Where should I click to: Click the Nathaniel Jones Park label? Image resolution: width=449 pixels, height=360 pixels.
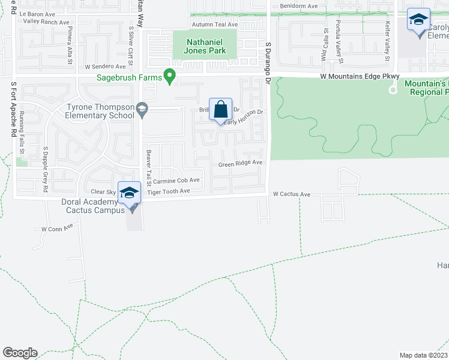click(205, 46)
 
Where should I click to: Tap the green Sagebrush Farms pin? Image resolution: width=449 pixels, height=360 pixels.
click(170, 77)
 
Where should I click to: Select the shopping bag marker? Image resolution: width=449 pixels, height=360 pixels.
click(221, 110)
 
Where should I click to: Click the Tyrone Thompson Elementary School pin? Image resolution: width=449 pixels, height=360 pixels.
click(142, 109)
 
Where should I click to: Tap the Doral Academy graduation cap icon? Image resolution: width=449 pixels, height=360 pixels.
click(129, 193)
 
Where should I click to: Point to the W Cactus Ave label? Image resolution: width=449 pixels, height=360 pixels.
click(291, 194)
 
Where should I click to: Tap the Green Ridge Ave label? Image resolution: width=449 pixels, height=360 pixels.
click(240, 163)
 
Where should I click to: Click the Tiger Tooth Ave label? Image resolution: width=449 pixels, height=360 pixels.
click(169, 191)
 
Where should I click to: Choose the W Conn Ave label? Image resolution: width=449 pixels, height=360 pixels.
click(56, 229)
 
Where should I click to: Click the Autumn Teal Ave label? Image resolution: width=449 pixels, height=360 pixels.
click(215, 25)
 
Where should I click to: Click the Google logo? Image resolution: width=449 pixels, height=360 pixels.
click(20, 353)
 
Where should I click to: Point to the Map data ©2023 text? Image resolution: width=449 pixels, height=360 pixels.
click(423, 355)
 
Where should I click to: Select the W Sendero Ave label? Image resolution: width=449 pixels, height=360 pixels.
click(105, 67)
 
